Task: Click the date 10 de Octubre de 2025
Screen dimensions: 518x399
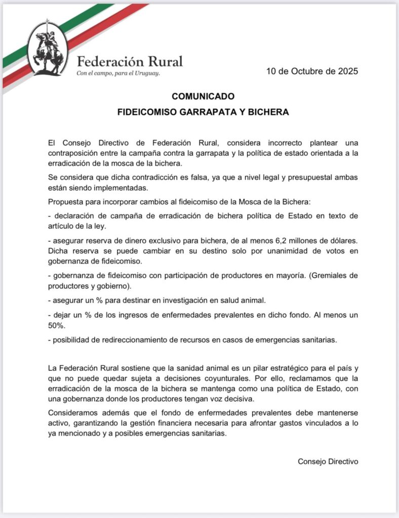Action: (x=312, y=71)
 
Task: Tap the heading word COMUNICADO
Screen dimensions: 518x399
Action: (x=203, y=96)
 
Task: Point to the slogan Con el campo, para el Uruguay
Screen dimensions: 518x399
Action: (x=118, y=73)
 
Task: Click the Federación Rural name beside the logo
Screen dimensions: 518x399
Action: (x=130, y=62)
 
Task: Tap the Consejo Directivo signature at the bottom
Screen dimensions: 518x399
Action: (x=328, y=461)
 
